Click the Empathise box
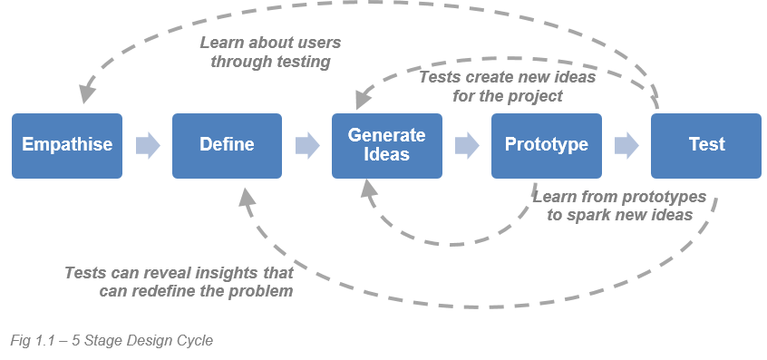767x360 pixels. point(67,145)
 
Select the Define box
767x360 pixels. point(227,145)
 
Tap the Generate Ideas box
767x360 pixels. point(386,145)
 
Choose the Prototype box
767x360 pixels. point(546,145)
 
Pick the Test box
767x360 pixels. point(705,145)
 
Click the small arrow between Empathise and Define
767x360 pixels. point(147,145)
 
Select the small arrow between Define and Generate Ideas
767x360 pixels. point(306,145)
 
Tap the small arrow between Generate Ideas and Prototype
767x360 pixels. point(466,145)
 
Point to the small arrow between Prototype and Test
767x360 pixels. point(626,145)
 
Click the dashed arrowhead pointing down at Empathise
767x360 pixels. point(86,92)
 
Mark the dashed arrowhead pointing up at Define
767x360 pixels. point(248,194)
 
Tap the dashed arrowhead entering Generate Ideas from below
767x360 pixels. point(367,188)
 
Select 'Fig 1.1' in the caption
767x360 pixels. point(32,340)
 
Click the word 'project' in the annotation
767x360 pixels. point(534,95)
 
